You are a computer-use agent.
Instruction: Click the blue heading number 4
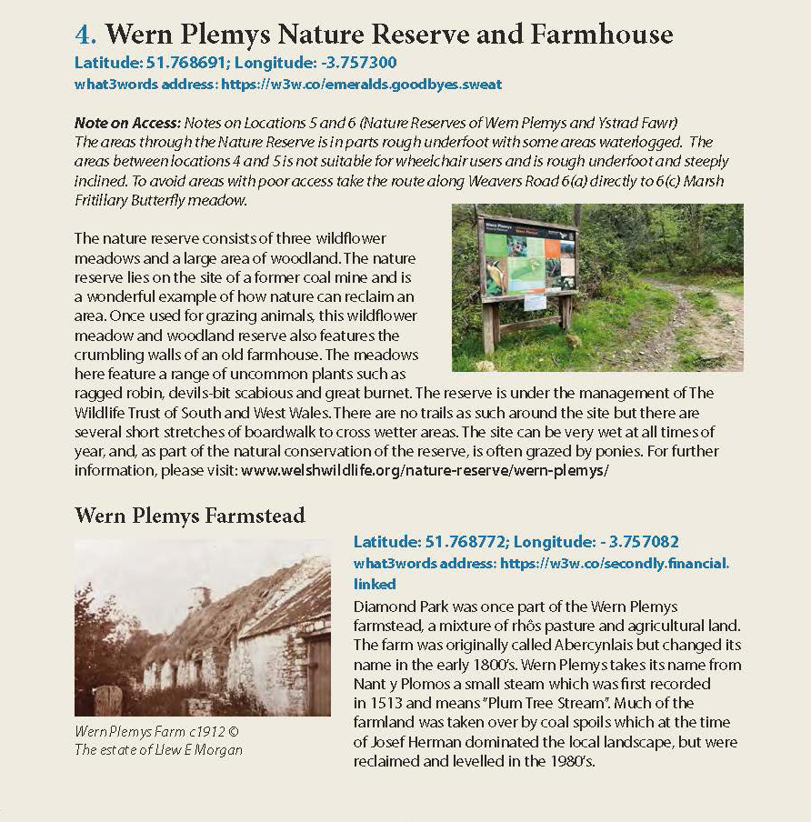(x=85, y=35)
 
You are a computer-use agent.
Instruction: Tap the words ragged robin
(x=114, y=394)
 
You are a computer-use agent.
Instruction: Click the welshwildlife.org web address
(x=424, y=471)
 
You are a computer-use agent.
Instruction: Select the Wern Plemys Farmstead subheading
(x=190, y=516)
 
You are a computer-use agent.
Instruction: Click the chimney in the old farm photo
(x=199, y=596)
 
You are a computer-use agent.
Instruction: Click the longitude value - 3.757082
(x=639, y=541)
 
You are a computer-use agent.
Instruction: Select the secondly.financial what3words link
(x=615, y=564)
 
